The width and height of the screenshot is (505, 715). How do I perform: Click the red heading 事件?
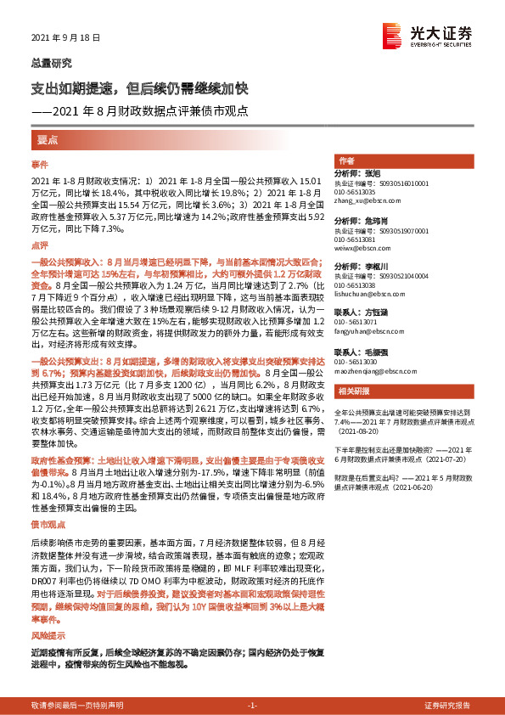point(40,163)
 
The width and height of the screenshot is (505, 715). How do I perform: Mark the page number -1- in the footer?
point(252,706)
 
